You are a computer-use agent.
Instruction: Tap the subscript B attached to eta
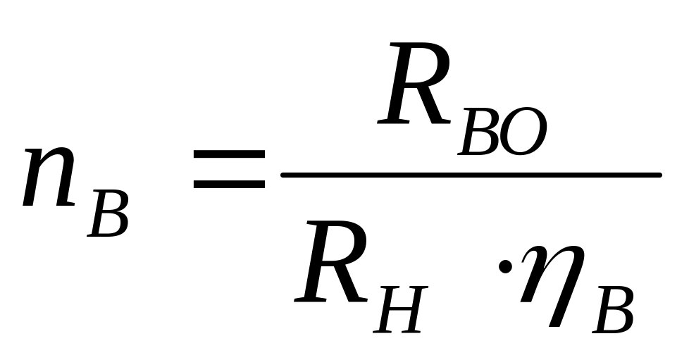(x=613, y=310)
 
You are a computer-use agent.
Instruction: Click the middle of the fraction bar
(x=471, y=173)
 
